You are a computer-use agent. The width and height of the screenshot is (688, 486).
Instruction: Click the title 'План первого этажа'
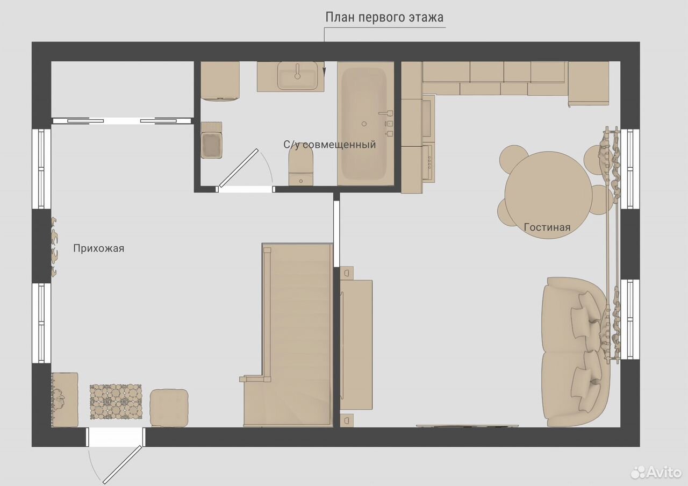click(x=384, y=17)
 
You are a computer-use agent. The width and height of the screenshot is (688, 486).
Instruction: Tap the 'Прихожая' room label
click(x=98, y=248)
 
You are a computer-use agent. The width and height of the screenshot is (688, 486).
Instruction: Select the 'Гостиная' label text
click(x=547, y=227)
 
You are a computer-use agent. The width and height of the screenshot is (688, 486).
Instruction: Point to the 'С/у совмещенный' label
click(x=329, y=145)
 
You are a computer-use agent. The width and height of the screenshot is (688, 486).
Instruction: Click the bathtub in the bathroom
click(x=365, y=124)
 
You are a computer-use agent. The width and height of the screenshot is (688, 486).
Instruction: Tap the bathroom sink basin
click(x=297, y=76)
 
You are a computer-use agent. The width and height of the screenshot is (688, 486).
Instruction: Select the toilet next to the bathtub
click(x=301, y=168)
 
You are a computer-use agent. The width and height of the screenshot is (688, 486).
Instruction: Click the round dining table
click(x=548, y=195)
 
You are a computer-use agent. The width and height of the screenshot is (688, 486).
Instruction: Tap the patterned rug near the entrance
click(x=116, y=402)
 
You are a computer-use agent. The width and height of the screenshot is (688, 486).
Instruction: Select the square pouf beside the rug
click(x=169, y=408)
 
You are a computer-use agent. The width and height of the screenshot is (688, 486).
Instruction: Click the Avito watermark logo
click(x=656, y=472)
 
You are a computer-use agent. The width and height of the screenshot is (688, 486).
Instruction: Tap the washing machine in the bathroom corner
click(x=220, y=81)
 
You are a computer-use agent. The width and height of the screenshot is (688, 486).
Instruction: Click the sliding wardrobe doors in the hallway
click(x=122, y=121)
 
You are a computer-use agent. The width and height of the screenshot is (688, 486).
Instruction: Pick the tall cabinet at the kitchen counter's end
click(x=589, y=83)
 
